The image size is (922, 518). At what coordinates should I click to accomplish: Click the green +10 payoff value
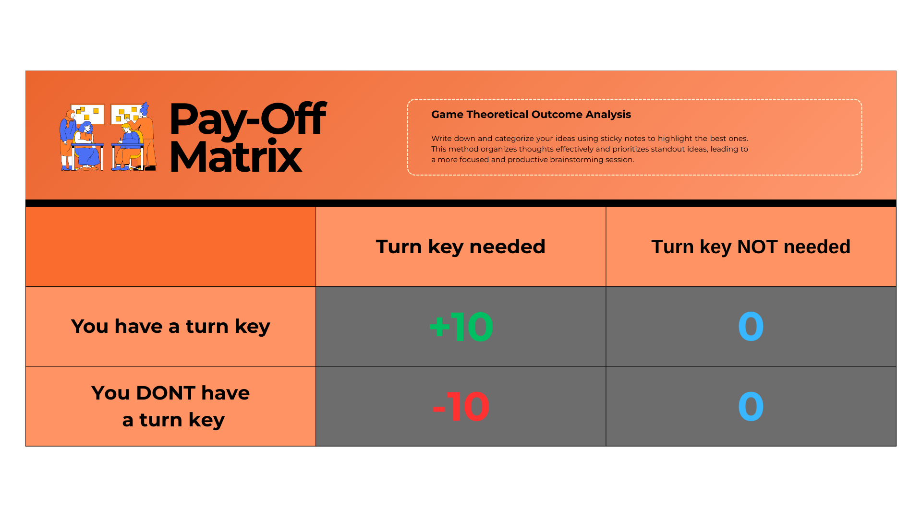(x=461, y=327)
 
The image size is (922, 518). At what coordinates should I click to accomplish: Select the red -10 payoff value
(x=461, y=407)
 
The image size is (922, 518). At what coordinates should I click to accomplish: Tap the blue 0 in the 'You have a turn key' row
(x=751, y=327)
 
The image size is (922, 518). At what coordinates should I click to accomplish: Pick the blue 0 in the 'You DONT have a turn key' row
(x=751, y=407)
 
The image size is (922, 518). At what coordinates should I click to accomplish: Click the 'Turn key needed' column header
(x=461, y=247)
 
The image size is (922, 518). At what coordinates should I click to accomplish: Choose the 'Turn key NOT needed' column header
(x=751, y=247)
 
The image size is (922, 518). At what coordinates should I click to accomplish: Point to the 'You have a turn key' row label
(x=170, y=327)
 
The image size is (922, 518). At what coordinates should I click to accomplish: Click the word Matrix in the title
(x=236, y=156)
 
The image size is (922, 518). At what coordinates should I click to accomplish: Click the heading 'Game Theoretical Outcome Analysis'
(x=531, y=115)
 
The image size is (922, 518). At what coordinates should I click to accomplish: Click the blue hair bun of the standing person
(x=146, y=106)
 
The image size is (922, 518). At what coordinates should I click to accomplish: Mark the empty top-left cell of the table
(x=170, y=247)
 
